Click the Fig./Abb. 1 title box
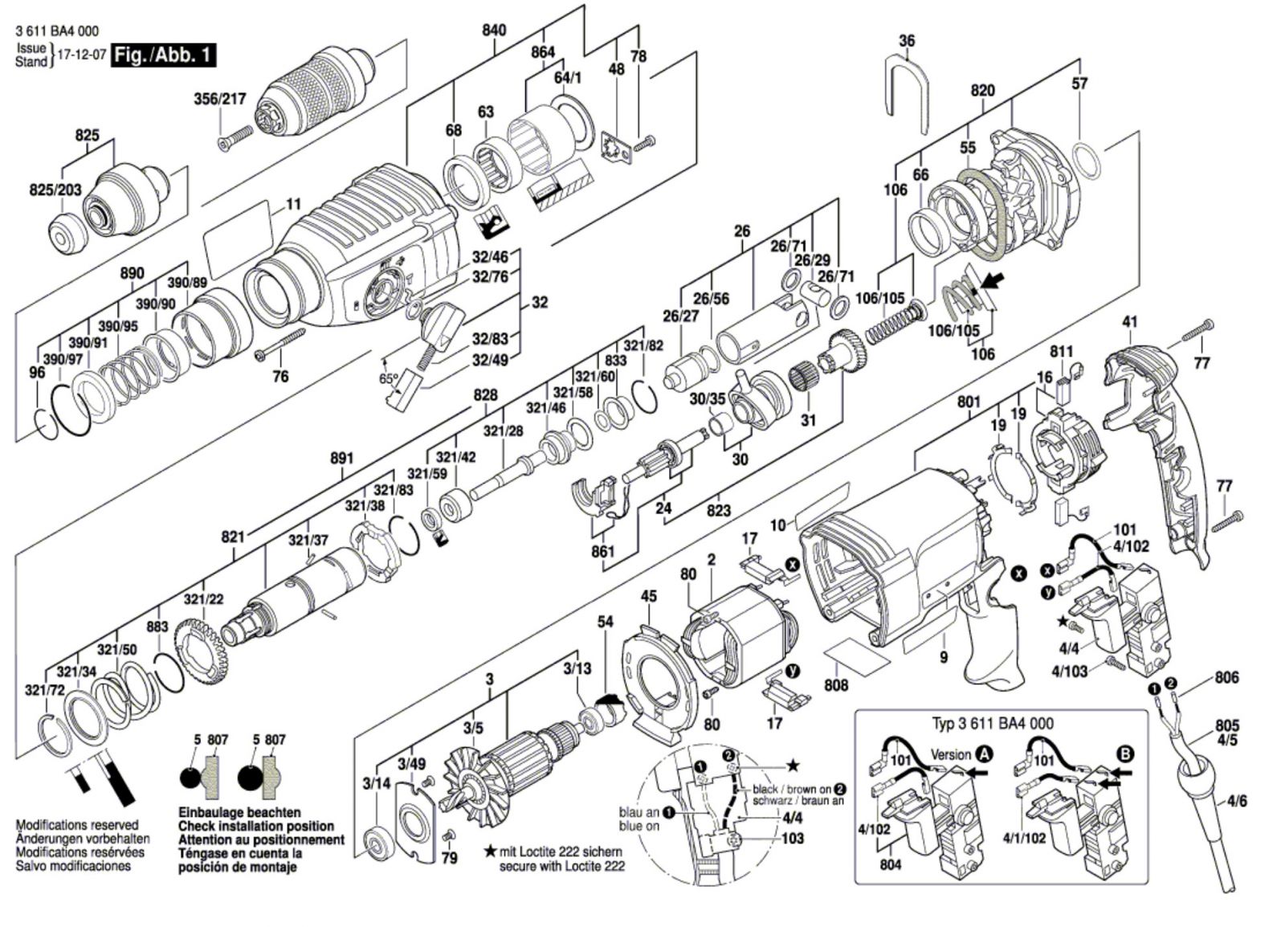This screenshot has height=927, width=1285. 165,55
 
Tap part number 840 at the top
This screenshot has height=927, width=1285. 495,30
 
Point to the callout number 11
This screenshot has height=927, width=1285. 294,204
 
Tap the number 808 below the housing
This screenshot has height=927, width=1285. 836,685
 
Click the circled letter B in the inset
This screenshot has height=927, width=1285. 1124,753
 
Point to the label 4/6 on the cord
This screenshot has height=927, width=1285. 1237,801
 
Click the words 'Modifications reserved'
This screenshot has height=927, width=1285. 77,825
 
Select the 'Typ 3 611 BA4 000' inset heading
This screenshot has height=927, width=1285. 993,724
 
